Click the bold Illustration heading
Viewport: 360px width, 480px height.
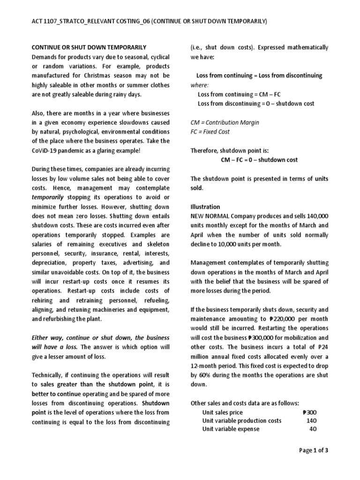205,206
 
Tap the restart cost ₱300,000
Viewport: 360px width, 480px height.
261,337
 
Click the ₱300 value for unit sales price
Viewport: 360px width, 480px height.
310,412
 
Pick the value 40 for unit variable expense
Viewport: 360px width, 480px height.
313,429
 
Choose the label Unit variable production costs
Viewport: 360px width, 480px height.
241,420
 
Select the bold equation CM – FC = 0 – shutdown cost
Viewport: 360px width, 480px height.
259,160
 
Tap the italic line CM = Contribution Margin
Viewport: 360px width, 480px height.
225,122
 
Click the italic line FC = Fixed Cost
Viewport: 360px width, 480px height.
210,132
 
